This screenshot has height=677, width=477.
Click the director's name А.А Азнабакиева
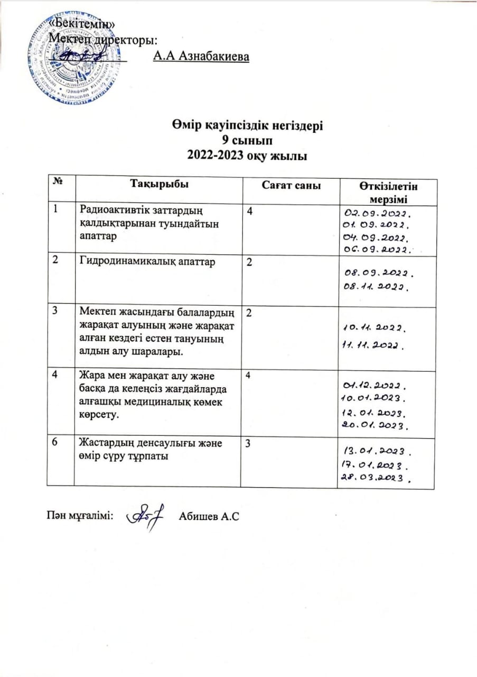pyautogui.click(x=200, y=56)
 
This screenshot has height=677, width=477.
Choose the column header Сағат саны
pyautogui.click(x=292, y=185)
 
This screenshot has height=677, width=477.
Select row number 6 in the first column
pyautogui.click(x=55, y=443)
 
